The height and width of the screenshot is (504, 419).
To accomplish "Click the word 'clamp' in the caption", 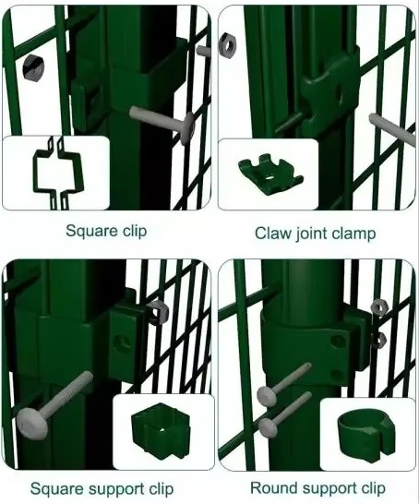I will [356, 234].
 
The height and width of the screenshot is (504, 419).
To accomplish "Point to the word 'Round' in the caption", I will [273, 487].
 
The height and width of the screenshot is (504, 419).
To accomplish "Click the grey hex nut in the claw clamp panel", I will [228, 42].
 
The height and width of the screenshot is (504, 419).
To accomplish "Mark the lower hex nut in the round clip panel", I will [378, 338].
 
